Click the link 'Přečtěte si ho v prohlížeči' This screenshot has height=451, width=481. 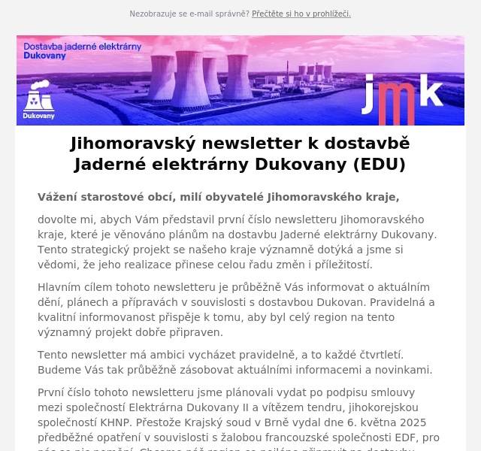point(301,14)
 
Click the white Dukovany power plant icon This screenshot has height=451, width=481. point(38,100)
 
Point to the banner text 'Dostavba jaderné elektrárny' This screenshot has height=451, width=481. point(83,46)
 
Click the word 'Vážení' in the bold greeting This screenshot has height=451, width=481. point(59,197)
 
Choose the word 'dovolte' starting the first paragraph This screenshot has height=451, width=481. point(58,219)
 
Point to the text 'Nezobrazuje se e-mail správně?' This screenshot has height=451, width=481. point(189,14)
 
